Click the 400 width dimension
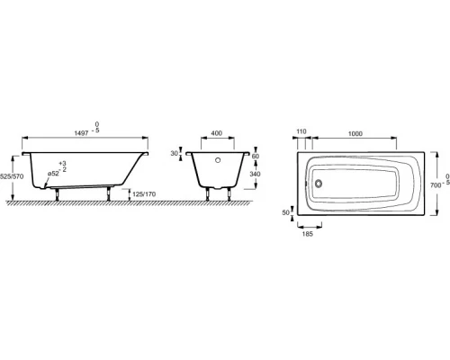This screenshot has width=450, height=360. [216, 132]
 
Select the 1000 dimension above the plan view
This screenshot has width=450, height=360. [354, 132]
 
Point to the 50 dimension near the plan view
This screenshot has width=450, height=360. [287, 213]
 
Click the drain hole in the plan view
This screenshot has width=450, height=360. [315, 186]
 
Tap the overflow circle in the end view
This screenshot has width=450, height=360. [216, 165]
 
